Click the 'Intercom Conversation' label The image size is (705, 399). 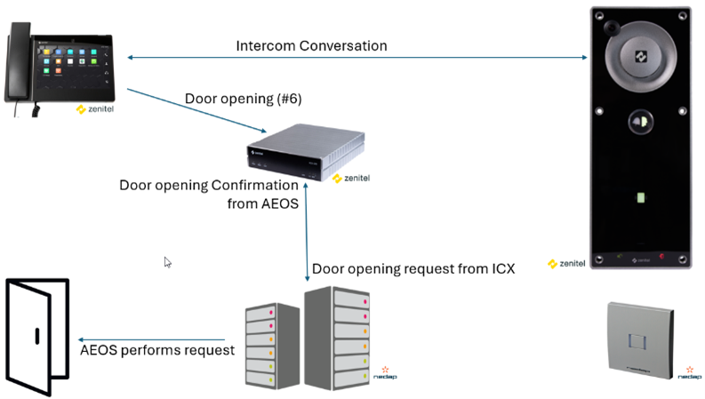(311, 45)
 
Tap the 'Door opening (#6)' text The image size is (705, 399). (243, 99)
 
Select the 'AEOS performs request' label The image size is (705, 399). (157, 349)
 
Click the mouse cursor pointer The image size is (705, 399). (167, 261)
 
